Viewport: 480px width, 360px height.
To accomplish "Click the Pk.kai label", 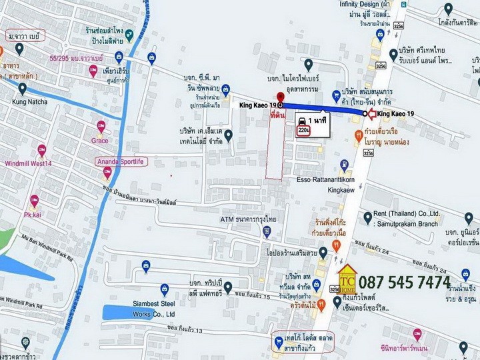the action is pyautogui.click(x=33, y=215).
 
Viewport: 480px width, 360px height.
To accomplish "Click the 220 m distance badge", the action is pyautogui.click(x=302, y=130).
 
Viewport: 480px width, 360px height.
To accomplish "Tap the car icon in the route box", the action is pyautogui.click(x=301, y=119).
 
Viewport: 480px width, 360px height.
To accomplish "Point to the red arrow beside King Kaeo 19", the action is pyautogui.click(x=371, y=114).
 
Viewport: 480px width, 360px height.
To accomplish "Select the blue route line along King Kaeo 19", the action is pyautogui.click(x=323, y=109).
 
